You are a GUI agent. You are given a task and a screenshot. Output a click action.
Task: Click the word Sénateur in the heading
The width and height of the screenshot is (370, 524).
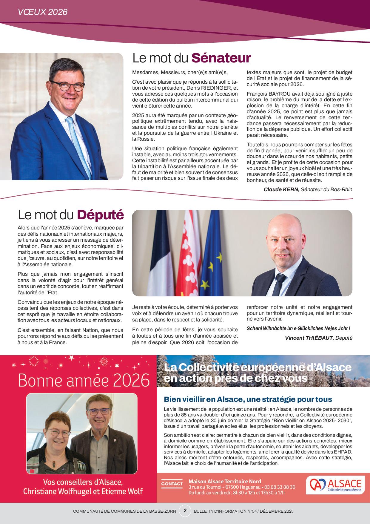pos(221,58)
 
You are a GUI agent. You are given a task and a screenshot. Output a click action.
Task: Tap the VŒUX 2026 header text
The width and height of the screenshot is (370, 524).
pos(42,12)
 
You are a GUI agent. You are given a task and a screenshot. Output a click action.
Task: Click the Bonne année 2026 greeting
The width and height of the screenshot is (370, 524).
pos(84,381)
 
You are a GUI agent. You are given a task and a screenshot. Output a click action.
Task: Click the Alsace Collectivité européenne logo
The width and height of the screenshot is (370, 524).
pos(335,484)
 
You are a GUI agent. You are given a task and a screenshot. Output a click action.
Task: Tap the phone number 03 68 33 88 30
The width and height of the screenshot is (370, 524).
pos(280,487)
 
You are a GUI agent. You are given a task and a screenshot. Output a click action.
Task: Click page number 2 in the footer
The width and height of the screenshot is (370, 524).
pos(185,511)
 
